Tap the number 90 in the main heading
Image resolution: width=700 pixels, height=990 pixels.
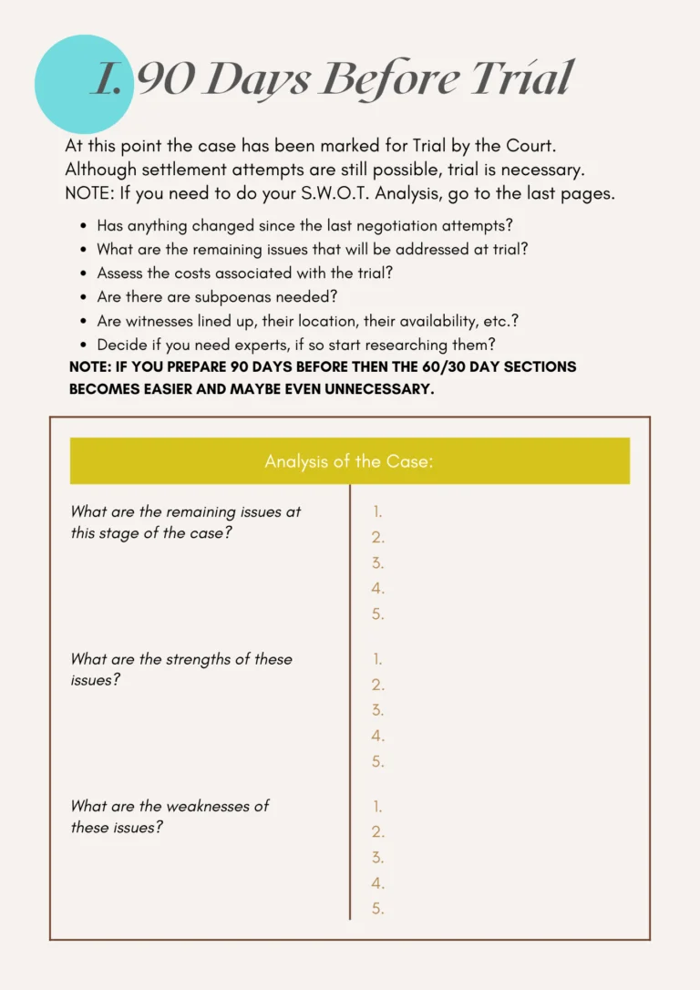pyautogui.click(x=165, y=79)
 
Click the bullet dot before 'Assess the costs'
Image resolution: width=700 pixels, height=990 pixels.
pyautogui.click(x=85, y=273)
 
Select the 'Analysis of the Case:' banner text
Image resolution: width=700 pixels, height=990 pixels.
pyautogui.click(x=349, y=461)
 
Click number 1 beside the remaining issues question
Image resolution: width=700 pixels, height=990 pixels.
pyautogui.click(x=377, y=512)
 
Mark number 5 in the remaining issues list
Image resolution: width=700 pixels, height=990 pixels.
pyautogui.click(x=377, y=614)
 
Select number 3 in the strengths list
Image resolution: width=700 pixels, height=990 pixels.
pyautogui.click(x=377, y=710)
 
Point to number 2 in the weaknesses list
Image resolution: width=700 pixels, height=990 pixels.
pyautogui.click(x=377, y=831)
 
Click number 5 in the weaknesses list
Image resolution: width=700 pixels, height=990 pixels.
pyautogui.click(x=377, y=908)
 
